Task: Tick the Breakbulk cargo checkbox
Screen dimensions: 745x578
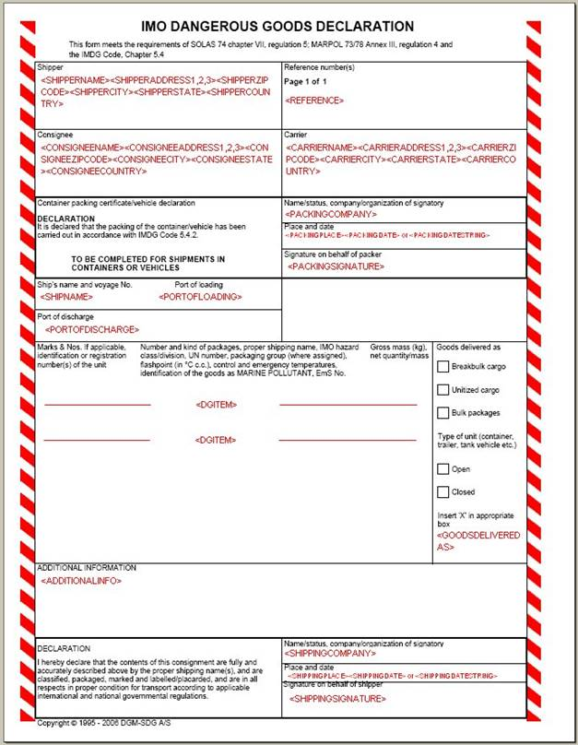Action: pyautogui.click(x=443, y=367)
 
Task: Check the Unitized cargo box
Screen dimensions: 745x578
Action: pyautogui.click(x=443, y=390)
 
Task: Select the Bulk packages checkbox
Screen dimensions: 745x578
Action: pyautogui.click(x=443, y=413)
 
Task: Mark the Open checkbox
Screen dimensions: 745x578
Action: pyautogui.click(x=443, y=469)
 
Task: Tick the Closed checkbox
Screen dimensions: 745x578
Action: pyautogui.click(x=443, y=492)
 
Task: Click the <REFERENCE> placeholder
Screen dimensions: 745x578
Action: pyautogui.click(x=314, y=100)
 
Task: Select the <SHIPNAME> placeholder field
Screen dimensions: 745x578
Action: pyautogui.click(x=70, y=298)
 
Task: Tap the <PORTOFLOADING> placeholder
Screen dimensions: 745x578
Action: pyautogui.click(x=200, y=297)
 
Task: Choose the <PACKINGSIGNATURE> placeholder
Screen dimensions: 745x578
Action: pyautogui.click(x=336, y=266)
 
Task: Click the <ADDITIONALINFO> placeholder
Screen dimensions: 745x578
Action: pyautogui.click(x=81, y=581)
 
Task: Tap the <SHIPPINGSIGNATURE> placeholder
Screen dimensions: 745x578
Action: pyautogui.click(x=337, y=700)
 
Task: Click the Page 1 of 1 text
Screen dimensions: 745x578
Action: pyautogui.click(x=306, y=81)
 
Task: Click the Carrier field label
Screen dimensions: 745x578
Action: pyautogui.click(x=296, y=135)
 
